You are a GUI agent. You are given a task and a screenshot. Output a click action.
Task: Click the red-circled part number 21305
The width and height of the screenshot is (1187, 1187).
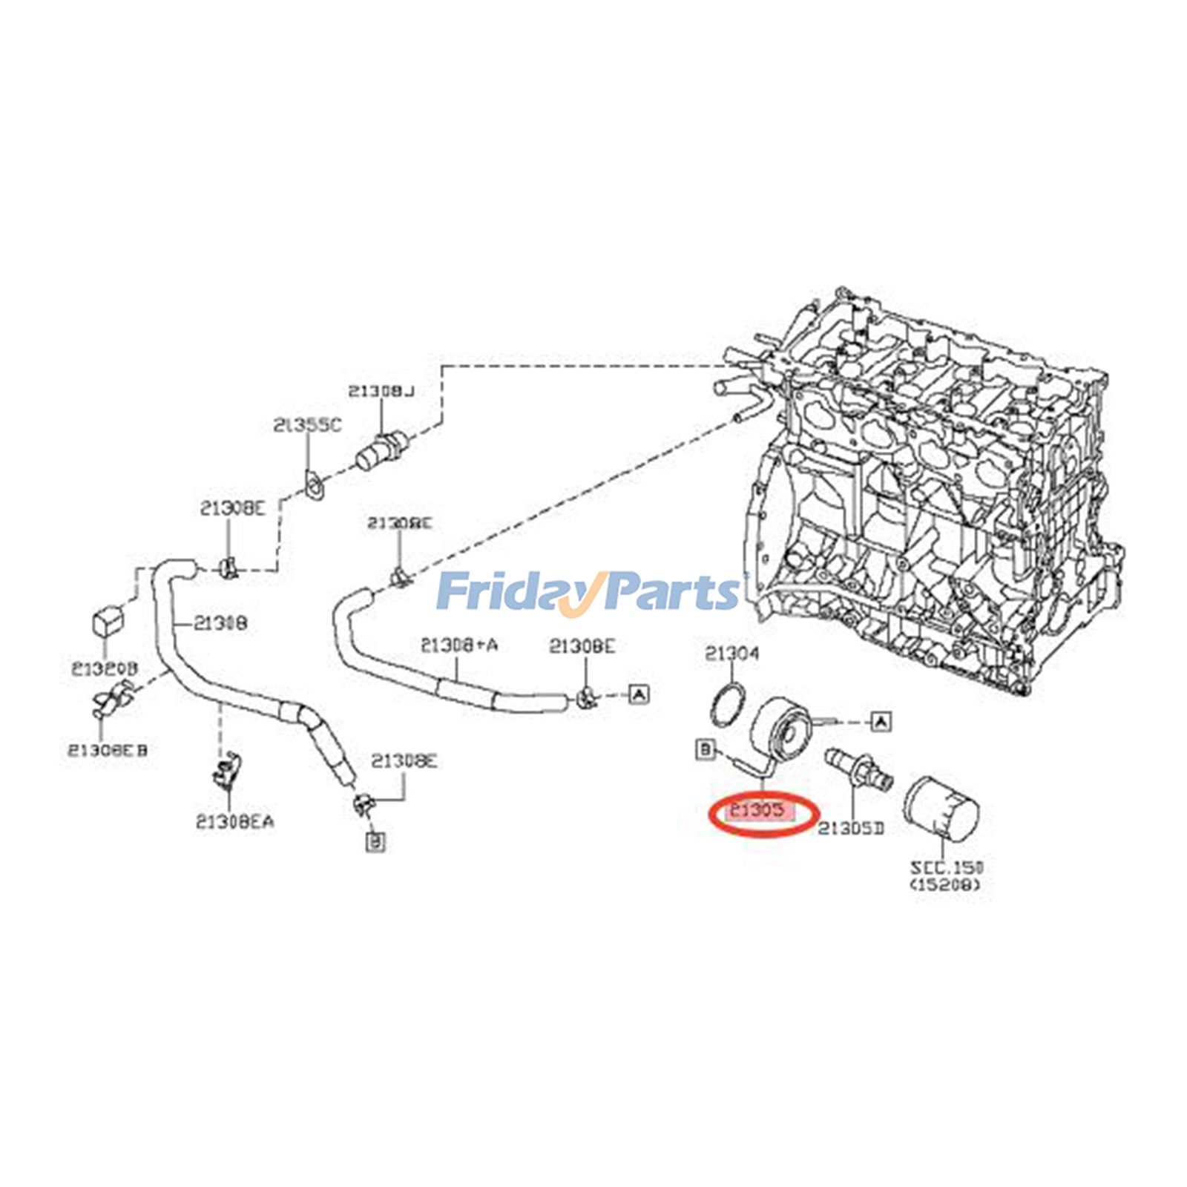click(757, 810)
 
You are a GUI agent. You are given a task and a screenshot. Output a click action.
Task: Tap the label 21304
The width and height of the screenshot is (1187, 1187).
click(731, 654)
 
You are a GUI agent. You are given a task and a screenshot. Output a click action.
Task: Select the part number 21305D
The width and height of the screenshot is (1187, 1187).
click(851, 828)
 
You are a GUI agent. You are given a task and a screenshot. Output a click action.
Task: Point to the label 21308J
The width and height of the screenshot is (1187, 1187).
click(381, 391)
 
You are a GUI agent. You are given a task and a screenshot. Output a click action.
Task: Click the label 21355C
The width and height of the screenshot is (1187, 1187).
click(307, 426)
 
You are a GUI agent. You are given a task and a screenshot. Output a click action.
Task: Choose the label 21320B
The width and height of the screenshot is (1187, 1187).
click(105, 669)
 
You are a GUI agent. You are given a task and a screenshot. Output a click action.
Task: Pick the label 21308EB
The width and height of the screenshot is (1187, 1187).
click(108, 750)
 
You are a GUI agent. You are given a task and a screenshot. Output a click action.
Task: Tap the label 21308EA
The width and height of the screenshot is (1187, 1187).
click(234, 822)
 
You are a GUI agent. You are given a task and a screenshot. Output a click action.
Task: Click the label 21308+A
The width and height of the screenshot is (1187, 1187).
click(458, 645)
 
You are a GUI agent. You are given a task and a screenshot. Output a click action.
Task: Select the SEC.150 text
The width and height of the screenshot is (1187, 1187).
click(947, 867)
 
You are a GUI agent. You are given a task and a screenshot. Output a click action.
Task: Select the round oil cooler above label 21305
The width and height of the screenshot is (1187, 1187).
click(779, 730)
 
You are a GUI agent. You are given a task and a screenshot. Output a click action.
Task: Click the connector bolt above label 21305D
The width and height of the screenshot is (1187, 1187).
click(857, 769)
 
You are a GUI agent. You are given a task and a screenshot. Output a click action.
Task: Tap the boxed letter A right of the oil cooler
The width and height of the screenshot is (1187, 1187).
click(881, 720)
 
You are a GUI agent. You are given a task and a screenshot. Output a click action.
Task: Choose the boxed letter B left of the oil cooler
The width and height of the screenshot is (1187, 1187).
click(704, 749)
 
